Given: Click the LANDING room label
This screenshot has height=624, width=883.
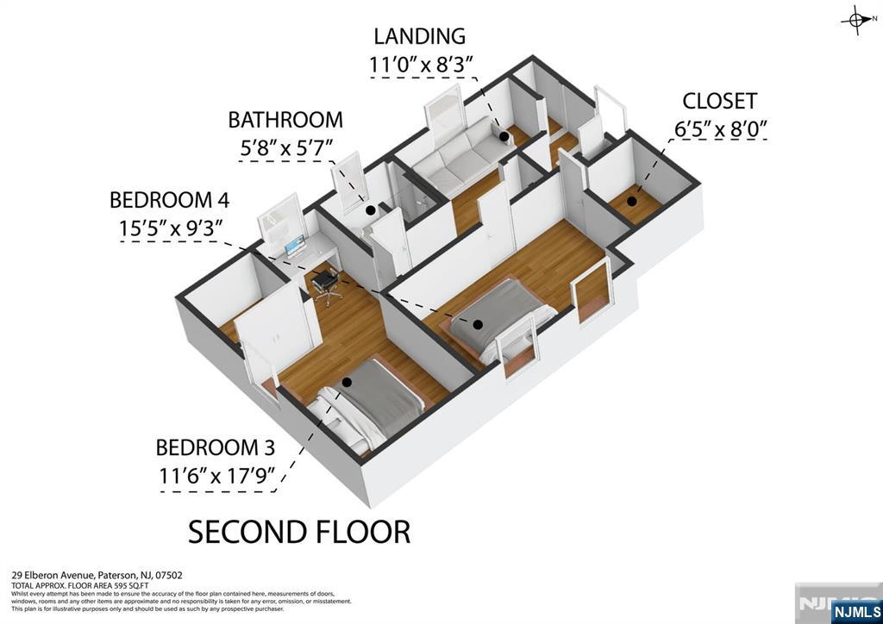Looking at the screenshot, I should pyautogui.click(x=419, y=36).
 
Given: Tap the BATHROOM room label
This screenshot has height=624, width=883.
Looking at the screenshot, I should pyautogui.click(x=285, y=120).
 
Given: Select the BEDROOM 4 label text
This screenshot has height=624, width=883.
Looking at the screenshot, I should pyautogui.click(x=170, y=200).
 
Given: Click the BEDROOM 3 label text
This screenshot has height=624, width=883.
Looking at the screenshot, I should pyautogui.click(x=216, y=448).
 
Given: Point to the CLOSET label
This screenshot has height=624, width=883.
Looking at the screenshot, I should pyautogui.click(x=720, y=101).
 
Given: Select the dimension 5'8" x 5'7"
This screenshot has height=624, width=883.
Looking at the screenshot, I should pyautogui.click(x=285, y=147).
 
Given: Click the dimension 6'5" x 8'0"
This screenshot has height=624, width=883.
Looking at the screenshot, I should pyautogui.click(x=720, y=129).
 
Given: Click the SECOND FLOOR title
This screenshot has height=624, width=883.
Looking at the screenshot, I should pyautogui.click(x=299, y=532).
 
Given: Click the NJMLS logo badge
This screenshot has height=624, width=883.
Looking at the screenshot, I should pyautogui.click(x=855, y=611).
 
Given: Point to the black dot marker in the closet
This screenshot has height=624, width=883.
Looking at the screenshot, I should pyautogui.click(x=632, y=202).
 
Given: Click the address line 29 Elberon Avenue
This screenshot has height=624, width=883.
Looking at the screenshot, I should pyautogui.click(x=97, y=575).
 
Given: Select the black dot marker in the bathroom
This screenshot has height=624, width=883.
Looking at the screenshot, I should pyautogui.click(x=370, y=209).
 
